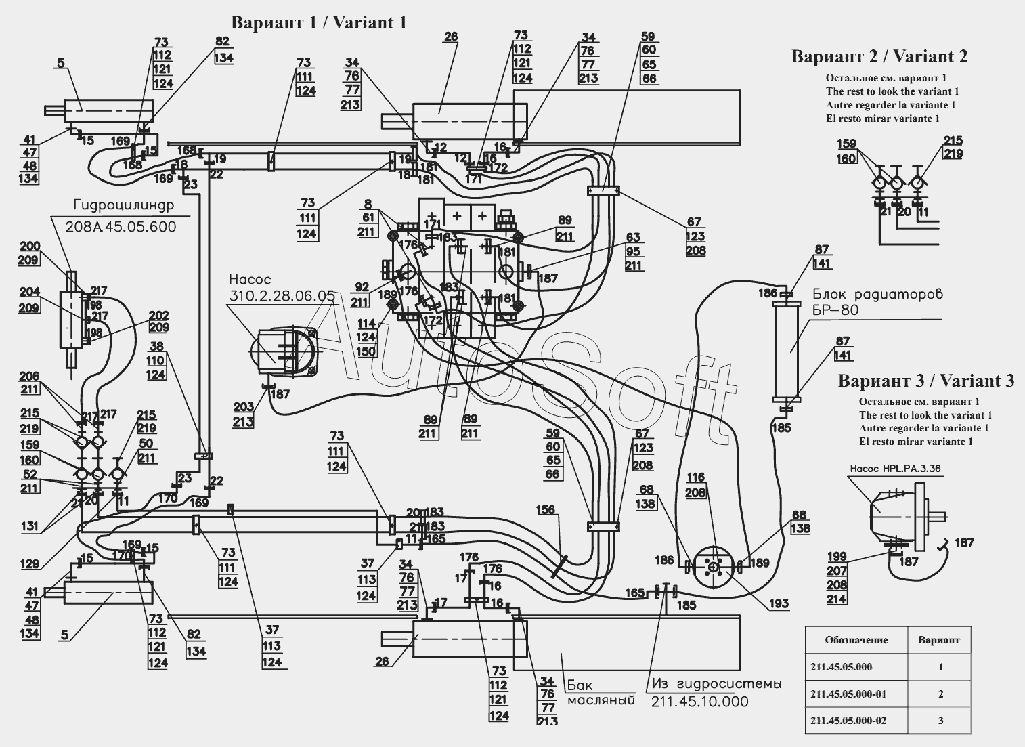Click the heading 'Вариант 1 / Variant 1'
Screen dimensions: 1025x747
click(x=319, y=22)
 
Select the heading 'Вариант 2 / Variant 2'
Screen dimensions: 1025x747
click(x=879, y=56)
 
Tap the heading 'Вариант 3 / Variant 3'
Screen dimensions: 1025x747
click(x=926, y=381)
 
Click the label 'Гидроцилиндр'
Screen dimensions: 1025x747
click(x=123, y=205)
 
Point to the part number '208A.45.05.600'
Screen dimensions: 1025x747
click(x=121, y=227)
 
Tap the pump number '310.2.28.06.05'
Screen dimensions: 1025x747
click(x=282, y=296)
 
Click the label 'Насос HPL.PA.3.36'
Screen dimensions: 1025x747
click(x=889, y=468)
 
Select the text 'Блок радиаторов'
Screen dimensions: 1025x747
click(x=877, y=294)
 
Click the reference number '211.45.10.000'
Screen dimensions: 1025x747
click(x=699, y=702)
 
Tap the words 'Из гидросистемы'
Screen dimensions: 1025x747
click(x=716, y=684)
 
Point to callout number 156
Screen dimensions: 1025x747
click(x=546, y=509)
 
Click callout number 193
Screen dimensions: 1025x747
click(x=779, y=603)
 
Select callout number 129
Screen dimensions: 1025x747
click(x=30, y=564)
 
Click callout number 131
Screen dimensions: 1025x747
click(x=30, y=526)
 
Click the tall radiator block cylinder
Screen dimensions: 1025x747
click(x=786, y=351)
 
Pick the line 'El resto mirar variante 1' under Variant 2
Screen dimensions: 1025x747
click(x=883, y=119)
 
